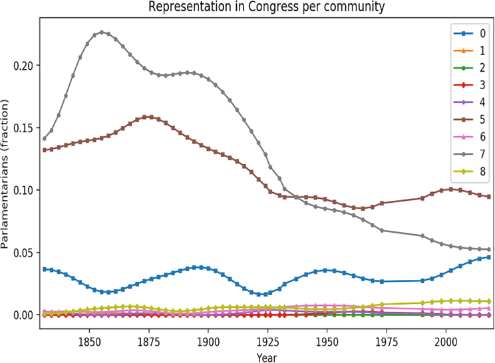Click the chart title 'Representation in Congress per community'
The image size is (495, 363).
coord(265,7)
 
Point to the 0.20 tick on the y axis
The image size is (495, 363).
coord(24,65)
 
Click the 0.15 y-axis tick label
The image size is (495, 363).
coord(24,128)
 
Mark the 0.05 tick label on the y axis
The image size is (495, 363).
coord(24,253)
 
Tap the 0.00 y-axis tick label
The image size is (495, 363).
coord(24,315)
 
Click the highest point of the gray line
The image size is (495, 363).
coord(102,32)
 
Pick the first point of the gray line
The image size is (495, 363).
coord(45,138)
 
